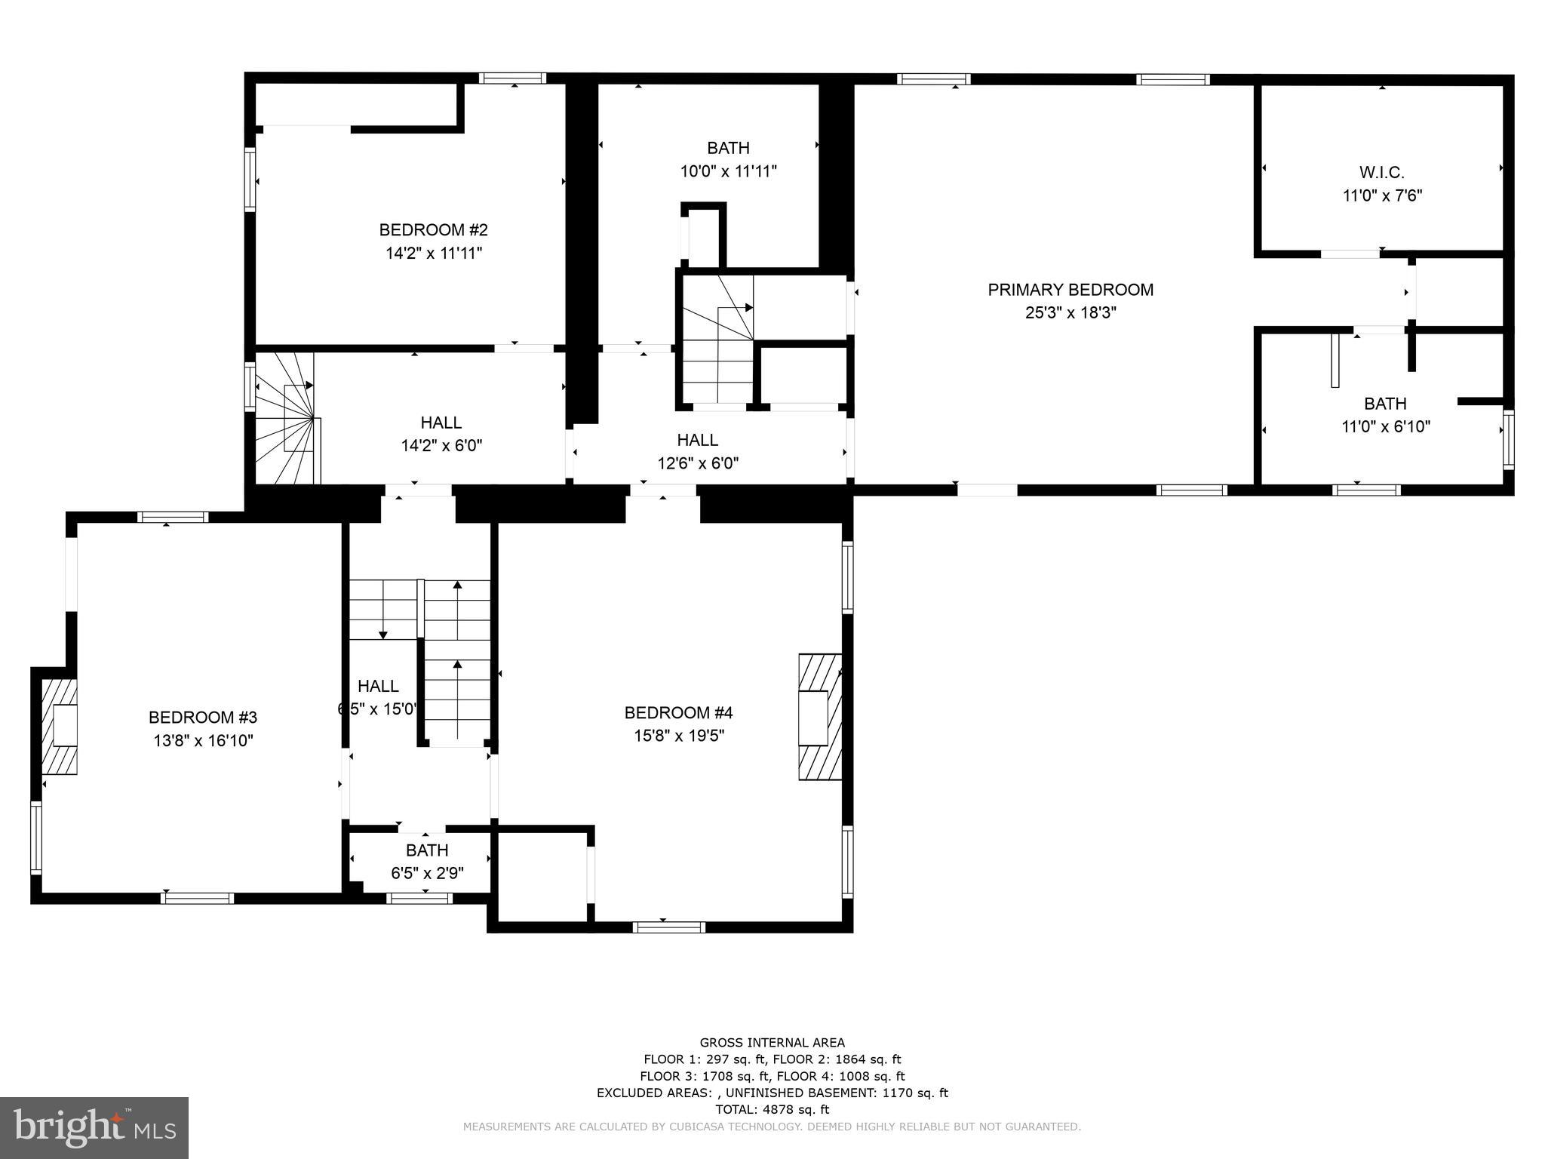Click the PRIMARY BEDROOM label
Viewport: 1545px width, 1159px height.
point(1070,290)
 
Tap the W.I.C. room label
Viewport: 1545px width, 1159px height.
point(1381,172)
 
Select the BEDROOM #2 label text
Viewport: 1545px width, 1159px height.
point(433,229)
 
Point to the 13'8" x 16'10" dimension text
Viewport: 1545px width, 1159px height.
point(203,741)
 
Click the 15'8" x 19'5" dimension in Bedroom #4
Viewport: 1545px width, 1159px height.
point(678,736)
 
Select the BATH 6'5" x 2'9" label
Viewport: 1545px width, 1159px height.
point(427,861)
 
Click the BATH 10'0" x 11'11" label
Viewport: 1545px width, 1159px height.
point(728,159)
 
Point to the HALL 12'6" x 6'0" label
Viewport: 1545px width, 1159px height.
point(698,451)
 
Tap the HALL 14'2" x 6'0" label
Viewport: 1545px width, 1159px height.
point(441,434)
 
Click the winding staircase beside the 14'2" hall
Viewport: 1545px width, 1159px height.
point(287,419)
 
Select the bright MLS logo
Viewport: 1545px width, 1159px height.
point(94,1127)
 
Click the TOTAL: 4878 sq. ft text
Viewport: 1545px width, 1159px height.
point(772,1109)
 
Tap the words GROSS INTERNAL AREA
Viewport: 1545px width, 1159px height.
point(772,1043)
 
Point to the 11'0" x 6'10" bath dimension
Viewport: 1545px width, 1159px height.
point(1385,426)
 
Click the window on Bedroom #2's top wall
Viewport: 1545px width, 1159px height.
point(513,78)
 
